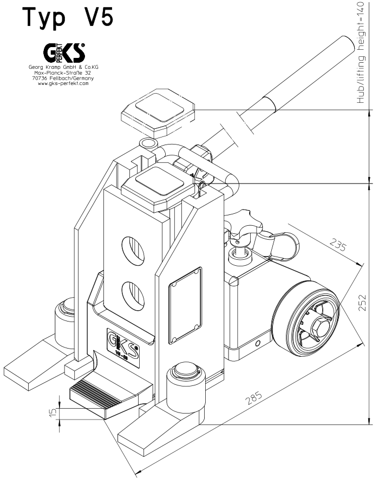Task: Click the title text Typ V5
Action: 68,17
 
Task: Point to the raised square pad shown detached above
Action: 158,114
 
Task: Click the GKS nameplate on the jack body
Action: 124,345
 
